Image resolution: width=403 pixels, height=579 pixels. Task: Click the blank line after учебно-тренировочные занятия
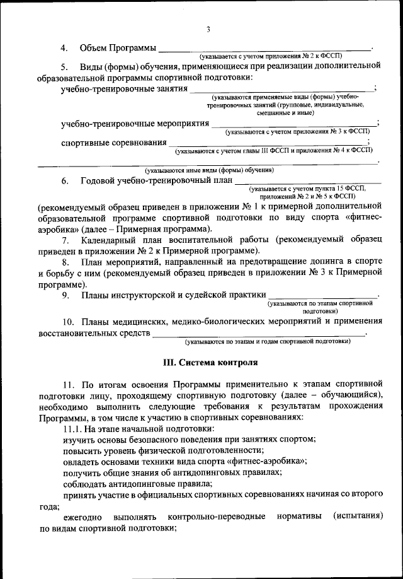tap(280, 90)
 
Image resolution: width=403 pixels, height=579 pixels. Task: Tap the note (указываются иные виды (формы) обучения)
tap(209, 170)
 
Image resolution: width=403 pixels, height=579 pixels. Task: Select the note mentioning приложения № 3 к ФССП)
tap(300, 133)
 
